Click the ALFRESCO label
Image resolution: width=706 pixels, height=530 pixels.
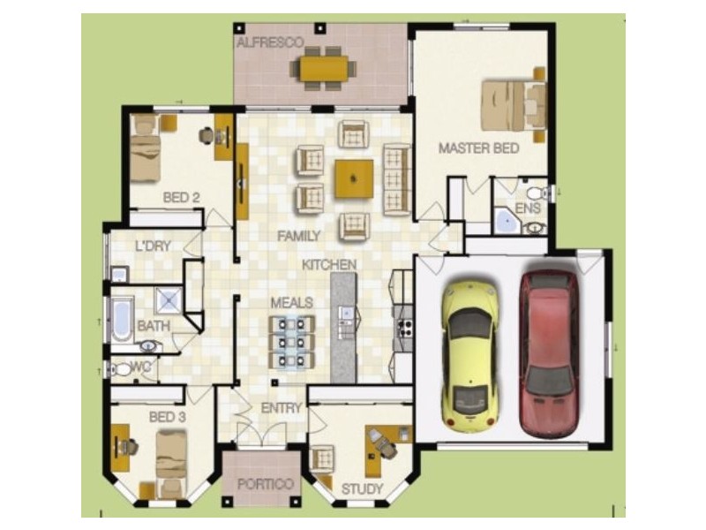pos(270,42)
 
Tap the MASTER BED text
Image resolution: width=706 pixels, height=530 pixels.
pos(478,148)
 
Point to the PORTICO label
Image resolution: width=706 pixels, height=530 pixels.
pos(265,485)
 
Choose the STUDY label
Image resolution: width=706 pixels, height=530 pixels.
pos(363,488)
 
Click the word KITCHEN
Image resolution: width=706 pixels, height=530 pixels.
pos(329,264)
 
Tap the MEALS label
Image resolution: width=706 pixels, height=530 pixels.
pos(291,303)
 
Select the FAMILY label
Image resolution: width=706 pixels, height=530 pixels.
pos(298,236)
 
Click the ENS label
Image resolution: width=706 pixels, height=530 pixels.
pos(527,208)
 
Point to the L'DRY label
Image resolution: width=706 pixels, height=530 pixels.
pos(152,246)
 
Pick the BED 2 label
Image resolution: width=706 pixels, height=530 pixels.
pos(181,197)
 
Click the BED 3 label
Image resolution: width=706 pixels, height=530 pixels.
pos(166,416)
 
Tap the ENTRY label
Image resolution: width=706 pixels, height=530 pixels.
pos(282,408)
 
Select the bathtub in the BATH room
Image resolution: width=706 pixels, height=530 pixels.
pos(119,319)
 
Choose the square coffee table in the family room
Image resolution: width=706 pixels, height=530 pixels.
pos(353,178)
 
